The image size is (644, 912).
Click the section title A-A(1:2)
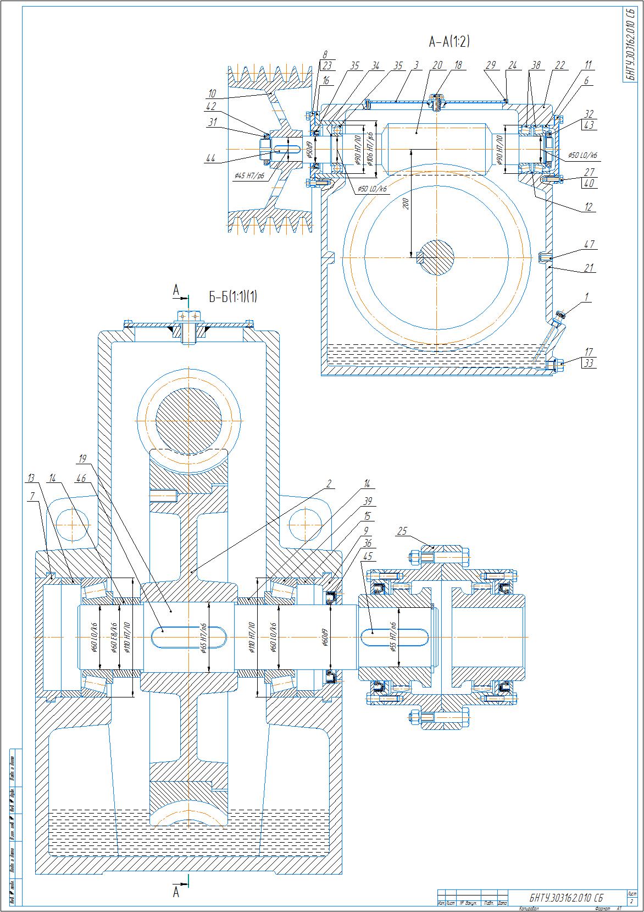pyautogui.click(x=449, y=42)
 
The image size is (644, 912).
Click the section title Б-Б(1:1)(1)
pyautogui.click(x=232, y=296)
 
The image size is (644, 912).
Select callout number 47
pyautogui.click(x=589, y=244)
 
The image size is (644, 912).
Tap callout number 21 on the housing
pyautogui.click(x=589, y=268)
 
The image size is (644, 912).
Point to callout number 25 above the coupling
pyautogui.click(x=402, y=531)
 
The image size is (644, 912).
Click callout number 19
pyautogui.click(x=83, y=458)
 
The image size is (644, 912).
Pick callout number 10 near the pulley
pyautogui.click(x=212, y=93)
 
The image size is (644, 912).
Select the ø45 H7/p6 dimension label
pyautogui.click(x=249, y=176)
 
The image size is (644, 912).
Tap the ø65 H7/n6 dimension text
pyautogui.click(x=203, y=637)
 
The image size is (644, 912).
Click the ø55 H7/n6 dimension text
pyautogui.click(x=392, y=636)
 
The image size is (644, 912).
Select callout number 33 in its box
pyautogui.click(x=589, y=363)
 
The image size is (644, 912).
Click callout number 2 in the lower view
pyautogui.click(x=329, y=484)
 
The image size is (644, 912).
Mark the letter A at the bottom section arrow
pyautogui.click(x=176, y=892)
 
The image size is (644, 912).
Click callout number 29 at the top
pyautogui.click(x=491, y=65)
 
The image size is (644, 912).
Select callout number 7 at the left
pyautogui.click(x=32, y=496)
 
